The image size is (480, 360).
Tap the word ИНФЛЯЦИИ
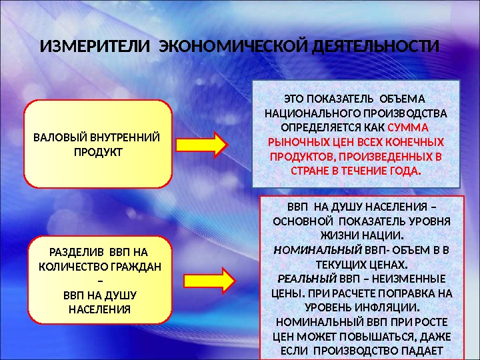click(385, 308)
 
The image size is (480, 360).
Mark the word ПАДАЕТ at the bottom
click(419, 351)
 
